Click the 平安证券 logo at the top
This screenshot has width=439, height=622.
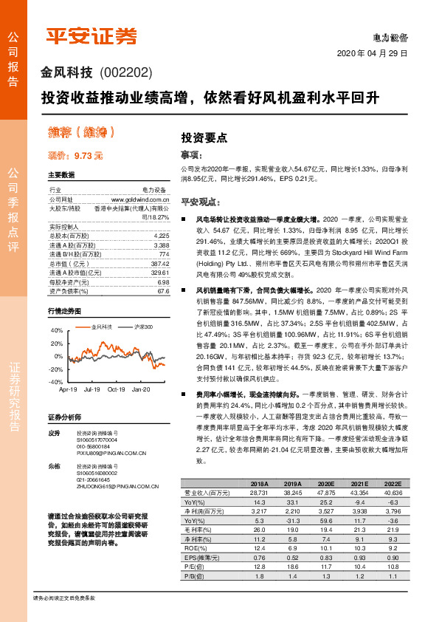pyautogui.click(x=92, y=35)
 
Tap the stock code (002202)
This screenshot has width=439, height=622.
pyautogui.click(x=125, y=72)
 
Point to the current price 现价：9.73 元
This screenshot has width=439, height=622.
pyautogui.click(x=75, y=156)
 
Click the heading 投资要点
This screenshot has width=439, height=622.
pyautogui.click(x=204, y=137)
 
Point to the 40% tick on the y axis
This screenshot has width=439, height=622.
pyautogui.click(x=57, y=330)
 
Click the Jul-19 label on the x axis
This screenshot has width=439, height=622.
pyautogui.click(x=92, y=389)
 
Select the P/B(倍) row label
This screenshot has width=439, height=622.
pyautogui.click(x=194, y=575)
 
